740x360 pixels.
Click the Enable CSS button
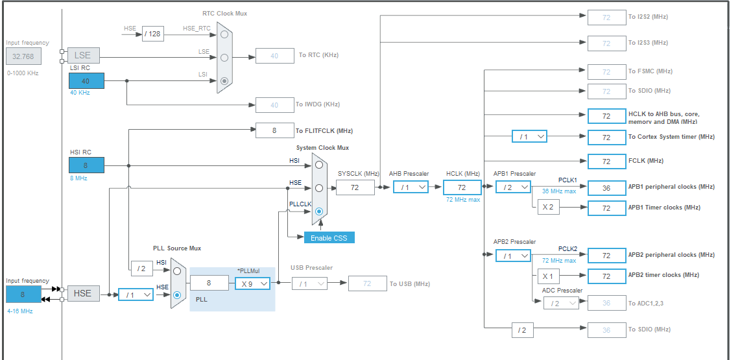(x=329, y=237)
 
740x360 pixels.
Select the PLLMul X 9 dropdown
(x=252, y=283)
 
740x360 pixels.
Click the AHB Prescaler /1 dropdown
(x=411, y=187)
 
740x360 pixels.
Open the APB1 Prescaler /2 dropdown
(x=512, y=187)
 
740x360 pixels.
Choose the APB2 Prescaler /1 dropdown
(x=512, y=256)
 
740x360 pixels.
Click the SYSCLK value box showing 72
(x=355, y=187)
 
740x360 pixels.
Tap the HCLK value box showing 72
(x=462, y=187)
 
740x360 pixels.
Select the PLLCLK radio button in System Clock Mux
(x=318, y=211)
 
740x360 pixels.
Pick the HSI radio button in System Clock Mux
(x=318, y=165)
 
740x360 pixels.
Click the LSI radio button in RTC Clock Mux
(x=224, y=81)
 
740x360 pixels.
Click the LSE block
(x=82, y=56)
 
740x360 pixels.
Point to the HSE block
(x=82, y=293)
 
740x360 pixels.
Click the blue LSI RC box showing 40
(x=86, y=81)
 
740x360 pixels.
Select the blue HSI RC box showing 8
(x=86, y=165)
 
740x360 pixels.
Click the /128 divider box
(x=153, y=34)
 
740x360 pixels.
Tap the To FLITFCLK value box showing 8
(x=274, y=130)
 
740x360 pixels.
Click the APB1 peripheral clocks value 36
(x=606, y=187)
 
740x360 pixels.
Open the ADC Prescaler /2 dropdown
(x=560, y=303)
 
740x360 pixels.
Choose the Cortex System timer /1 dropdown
(x=529, y=136)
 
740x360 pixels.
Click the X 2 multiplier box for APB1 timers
(x=547, y=208)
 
